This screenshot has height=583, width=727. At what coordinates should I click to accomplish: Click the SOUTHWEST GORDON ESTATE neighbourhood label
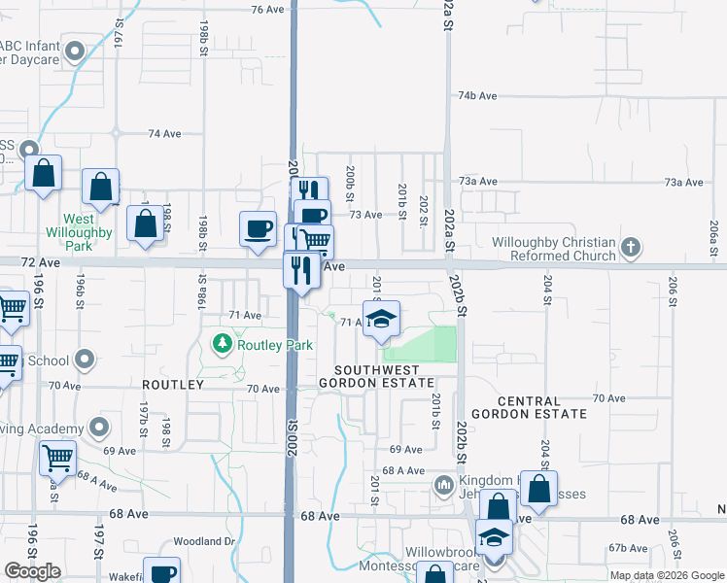pyautogui.click(x=384, y=377)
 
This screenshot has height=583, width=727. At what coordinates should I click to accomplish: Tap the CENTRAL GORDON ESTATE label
pyautogui.click(x=542, y=407)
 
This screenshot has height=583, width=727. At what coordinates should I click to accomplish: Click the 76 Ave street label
pyautogui.click(x=266, y=9)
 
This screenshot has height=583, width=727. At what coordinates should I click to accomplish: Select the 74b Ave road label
pyautogui.click(x=477, y=96)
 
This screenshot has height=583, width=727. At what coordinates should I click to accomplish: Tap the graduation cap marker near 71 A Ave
pyautogui.click(x=382, y=320)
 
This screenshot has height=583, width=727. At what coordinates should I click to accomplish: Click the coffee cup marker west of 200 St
pyautogui.click(x=259, y=229)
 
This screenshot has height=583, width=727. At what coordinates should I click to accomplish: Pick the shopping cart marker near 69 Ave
pyautogui.click(x=58, y=458)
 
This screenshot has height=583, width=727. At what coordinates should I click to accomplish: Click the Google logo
pyautogui.click(x=33, y=572)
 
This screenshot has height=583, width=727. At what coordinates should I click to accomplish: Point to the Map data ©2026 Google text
pyautogui.click(x=666, y=575)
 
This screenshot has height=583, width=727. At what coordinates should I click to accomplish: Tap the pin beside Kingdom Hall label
pyautogui.click(x=444, y=483)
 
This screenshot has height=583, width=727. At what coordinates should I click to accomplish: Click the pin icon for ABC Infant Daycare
pyautogui.click(x=74, y=50)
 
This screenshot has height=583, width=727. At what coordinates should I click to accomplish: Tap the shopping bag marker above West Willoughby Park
pyautogui.click(x=101, y=188)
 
